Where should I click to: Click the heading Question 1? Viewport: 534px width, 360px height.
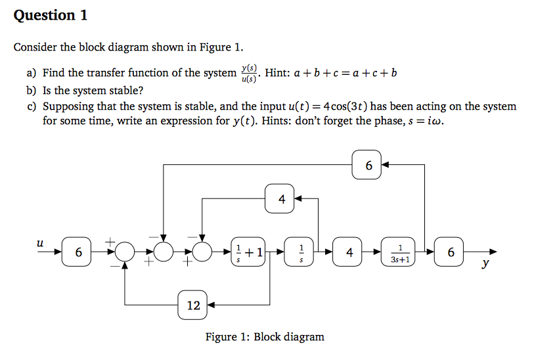point(51,15)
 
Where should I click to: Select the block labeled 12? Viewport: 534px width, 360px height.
point(194,305)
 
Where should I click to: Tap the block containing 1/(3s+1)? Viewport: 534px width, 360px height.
point(401,252)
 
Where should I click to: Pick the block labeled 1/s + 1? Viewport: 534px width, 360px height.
point(249,252)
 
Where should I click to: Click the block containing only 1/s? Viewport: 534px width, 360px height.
point(301,252)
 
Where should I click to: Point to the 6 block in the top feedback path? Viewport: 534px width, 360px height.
point(368,165)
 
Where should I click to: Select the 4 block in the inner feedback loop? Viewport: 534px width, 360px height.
point(282,199)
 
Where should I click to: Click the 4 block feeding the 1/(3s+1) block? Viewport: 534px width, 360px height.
point(350,252)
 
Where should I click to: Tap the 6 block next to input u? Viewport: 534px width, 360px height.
point(78,252)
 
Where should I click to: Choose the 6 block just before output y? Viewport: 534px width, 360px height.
point(451,252)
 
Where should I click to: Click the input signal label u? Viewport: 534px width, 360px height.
point(41,242)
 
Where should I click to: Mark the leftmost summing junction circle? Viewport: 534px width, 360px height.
point(125,252)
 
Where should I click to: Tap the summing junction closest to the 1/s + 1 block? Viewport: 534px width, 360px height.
point(202,252)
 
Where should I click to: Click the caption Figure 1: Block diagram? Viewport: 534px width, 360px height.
point(265,337)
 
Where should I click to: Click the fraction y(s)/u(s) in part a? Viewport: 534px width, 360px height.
point(249,74)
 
